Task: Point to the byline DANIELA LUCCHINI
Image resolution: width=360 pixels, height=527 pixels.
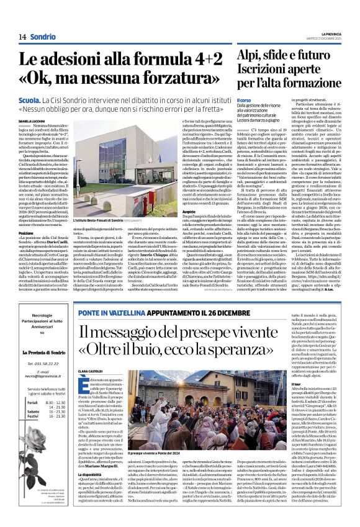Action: (33, 122)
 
